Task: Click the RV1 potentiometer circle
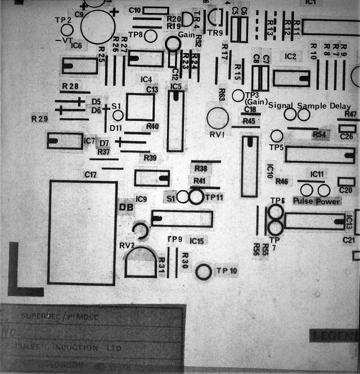click(218, 118)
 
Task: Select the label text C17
click(91, 175)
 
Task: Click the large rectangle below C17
click(83, 232)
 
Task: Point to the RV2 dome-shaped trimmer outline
click(140, 262)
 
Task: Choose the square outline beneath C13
click(140, 107)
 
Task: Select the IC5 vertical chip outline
click(175, 121)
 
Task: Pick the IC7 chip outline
click(64, 141)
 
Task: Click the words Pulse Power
click(317, 201)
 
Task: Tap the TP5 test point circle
click(277, 136)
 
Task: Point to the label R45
click(249, 121)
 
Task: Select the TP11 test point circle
click(196, 197)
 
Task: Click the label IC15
click(197, 241)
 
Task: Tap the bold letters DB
click(125, 206)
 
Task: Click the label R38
click(200, 169)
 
